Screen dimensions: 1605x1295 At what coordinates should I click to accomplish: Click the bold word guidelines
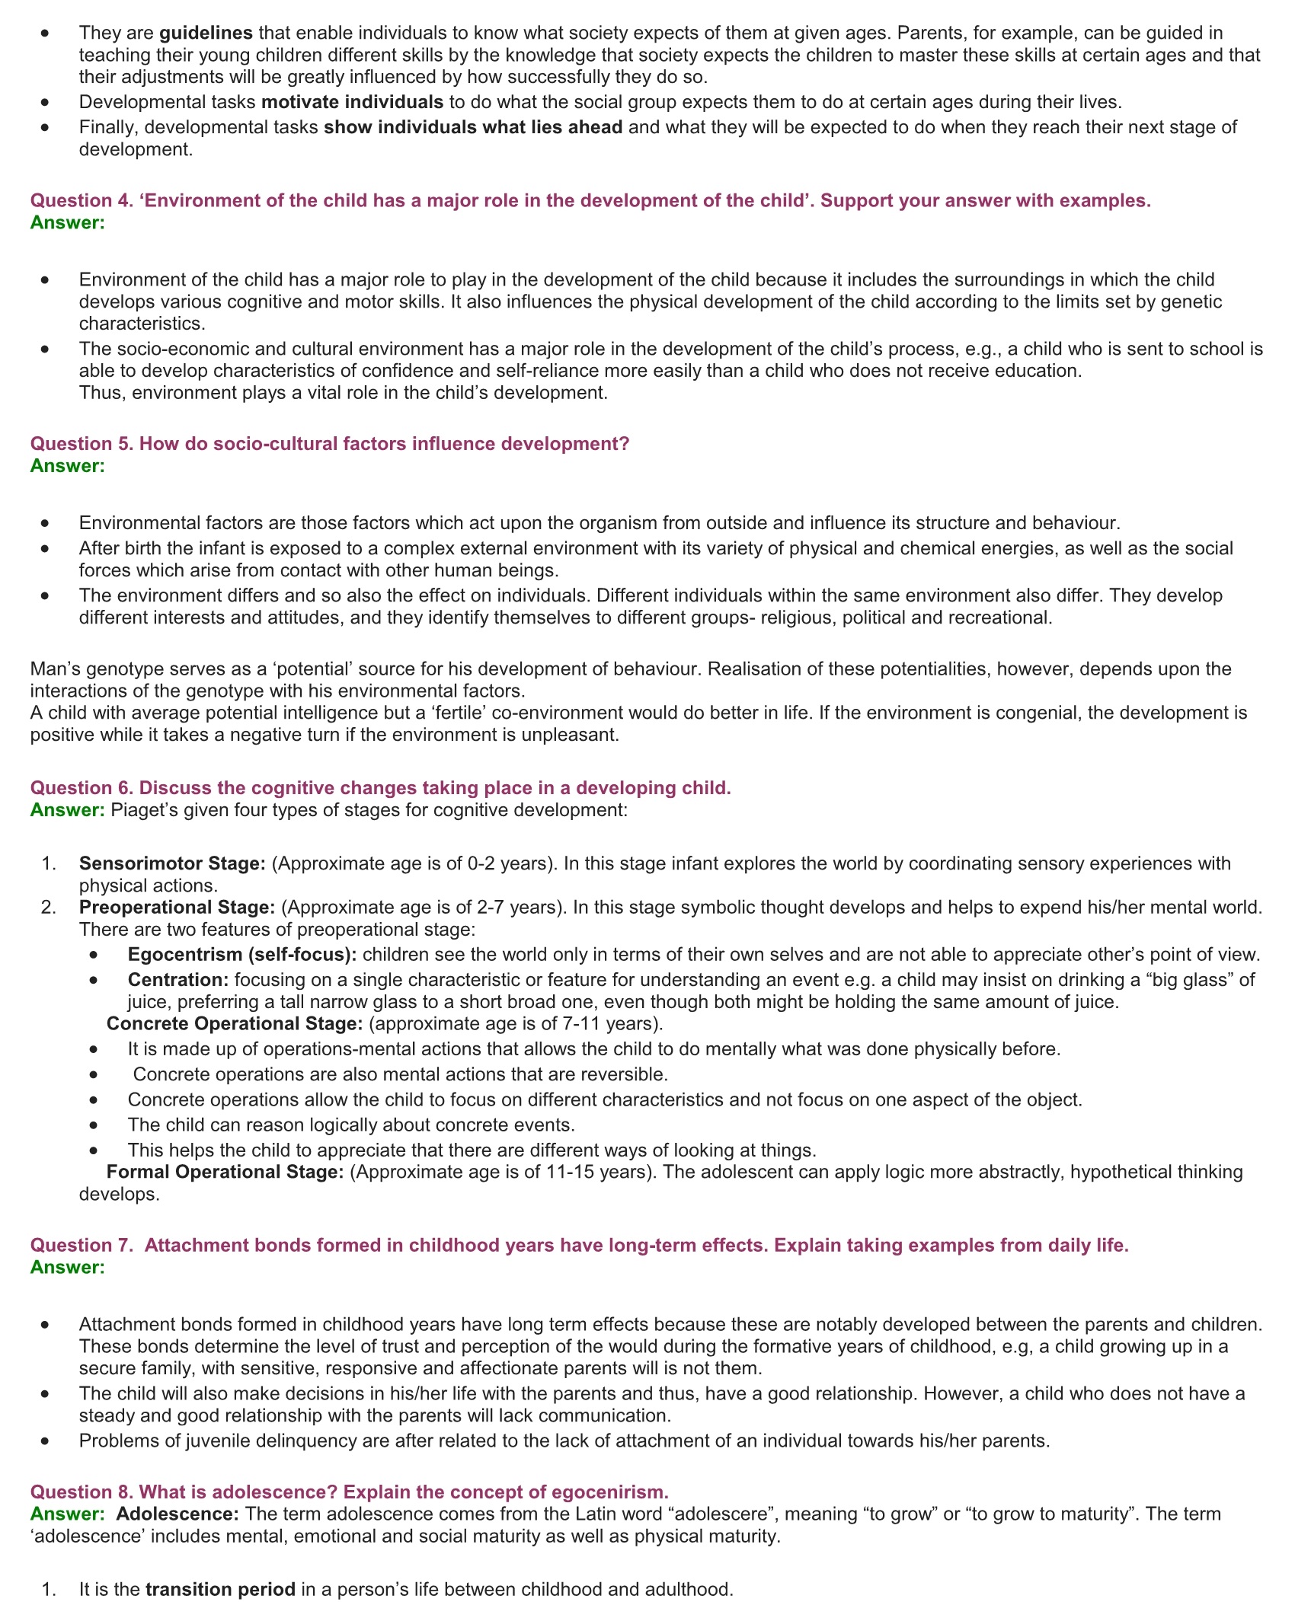tap(206, 33)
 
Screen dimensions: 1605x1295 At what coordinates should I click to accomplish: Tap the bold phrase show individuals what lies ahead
tap(473, 127)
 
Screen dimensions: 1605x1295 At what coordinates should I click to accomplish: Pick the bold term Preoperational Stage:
tap(177, 908)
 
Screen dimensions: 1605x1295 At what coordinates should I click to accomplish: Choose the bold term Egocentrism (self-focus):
tap(242, 955)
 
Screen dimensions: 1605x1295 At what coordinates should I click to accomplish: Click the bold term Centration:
tap(178, 980)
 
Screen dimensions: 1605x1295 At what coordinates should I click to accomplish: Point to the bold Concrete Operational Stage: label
tap(235, 1024)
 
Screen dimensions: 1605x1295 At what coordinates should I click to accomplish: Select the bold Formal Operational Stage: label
tap(225, 1172)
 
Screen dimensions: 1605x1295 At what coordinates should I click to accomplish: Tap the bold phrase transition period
tap(220, 1590)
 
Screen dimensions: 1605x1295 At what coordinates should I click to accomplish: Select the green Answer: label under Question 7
tap(68, 1267)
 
